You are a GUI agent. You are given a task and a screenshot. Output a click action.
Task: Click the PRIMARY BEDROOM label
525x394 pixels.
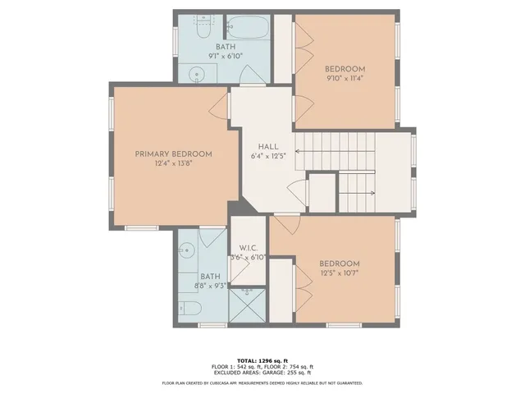tap(173, 153)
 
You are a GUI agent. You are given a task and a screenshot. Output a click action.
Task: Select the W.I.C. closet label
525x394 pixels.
tap(249, 248)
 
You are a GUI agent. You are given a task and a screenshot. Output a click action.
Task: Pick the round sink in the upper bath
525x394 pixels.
tap(195, 74)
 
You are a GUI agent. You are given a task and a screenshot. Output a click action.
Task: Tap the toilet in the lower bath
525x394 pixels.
tap(188, 309)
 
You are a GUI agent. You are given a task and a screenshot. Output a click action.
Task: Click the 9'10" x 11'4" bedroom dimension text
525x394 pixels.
tap(345, 80)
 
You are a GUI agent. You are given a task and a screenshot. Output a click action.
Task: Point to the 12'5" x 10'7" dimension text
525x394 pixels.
tap(339, 274)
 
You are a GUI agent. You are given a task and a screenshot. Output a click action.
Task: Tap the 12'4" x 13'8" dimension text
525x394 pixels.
tap(173, 163)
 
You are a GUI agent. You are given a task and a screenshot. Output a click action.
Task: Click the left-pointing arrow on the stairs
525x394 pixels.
tap(300, 153)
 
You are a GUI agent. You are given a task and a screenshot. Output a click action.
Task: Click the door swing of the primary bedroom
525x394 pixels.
tap(219, 105)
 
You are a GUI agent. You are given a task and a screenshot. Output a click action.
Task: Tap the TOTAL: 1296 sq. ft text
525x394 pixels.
tap(262, 360)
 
